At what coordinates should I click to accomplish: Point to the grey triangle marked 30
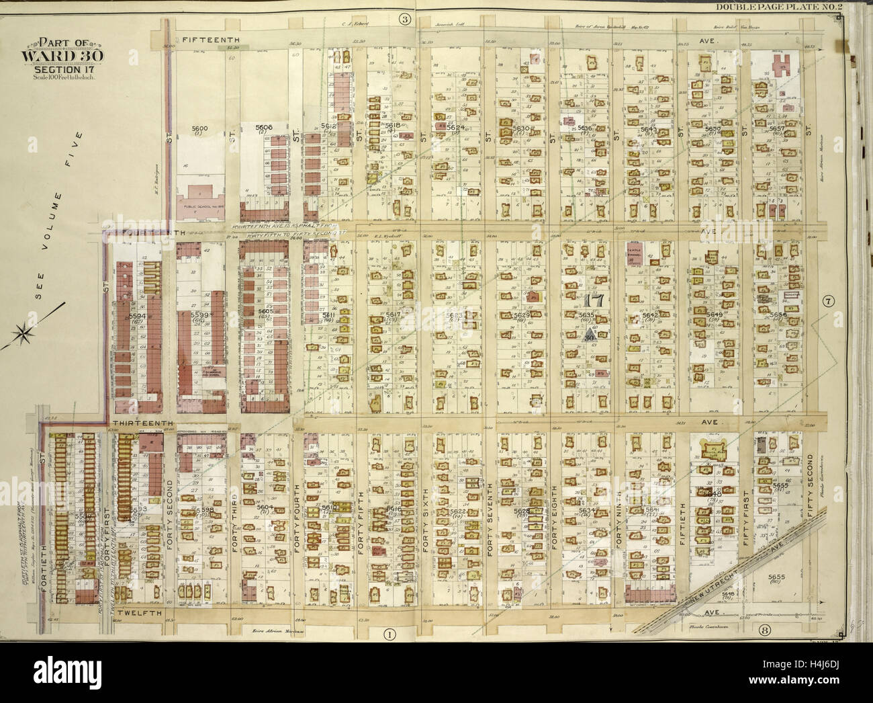click(590, 335)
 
